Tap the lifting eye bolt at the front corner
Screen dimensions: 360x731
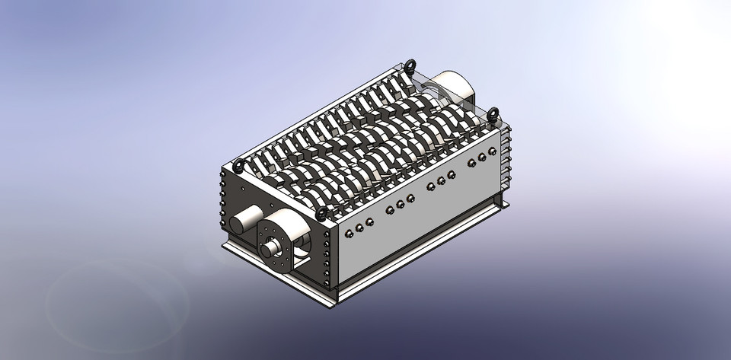[x=322, y=212]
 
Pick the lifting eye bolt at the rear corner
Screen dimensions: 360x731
[x=412, y=65]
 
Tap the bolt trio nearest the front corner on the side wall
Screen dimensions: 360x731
[x=360, y=225]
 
